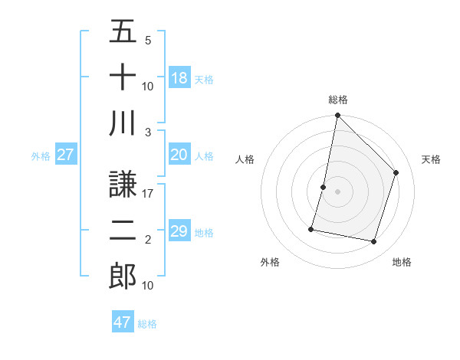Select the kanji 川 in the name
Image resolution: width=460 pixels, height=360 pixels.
coord(123,123)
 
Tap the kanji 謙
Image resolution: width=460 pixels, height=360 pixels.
coord(123,184)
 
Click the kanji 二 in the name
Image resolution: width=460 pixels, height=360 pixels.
coord(123,230)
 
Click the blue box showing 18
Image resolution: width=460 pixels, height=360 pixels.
coord(179,78)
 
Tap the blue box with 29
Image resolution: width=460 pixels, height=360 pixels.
coord(179,232)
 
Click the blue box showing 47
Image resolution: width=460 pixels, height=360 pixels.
coord(123,322)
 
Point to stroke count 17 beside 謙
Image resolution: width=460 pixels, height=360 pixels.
coord(149,194)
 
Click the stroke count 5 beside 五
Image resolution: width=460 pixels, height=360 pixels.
coord(148,41)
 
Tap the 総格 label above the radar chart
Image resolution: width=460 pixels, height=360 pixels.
coord(337,100)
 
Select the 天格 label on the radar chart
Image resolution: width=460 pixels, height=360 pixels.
coord(431,159)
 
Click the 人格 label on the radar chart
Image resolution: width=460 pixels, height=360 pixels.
coord(245,159)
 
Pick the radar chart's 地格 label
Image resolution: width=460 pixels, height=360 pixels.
coord(402,262)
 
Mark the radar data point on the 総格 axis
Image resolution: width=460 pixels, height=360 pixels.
coord(337,116)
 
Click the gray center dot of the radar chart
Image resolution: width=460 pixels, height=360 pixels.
coord(337,191)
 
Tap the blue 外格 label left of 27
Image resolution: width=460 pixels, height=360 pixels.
coord(41,156)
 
